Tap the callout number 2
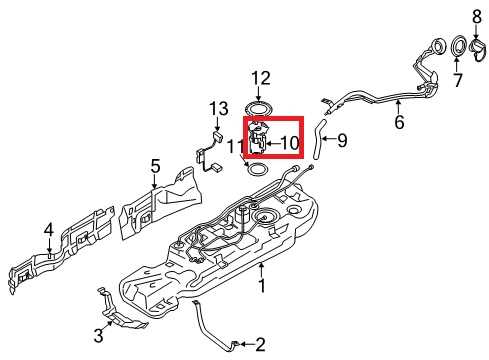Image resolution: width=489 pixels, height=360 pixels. pos(260,345)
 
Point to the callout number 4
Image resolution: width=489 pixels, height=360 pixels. pos(48,233)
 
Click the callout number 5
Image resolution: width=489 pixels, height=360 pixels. pos(155,165)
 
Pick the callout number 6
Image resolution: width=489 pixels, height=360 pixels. pos(399,123)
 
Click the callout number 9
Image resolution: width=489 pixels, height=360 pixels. pos(341,141)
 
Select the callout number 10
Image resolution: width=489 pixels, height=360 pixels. pos(288,144)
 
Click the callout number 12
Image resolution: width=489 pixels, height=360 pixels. pos(260,77)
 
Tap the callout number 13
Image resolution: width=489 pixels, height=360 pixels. pos(219,108)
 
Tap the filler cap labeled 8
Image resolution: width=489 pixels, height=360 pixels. pos(476,42)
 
